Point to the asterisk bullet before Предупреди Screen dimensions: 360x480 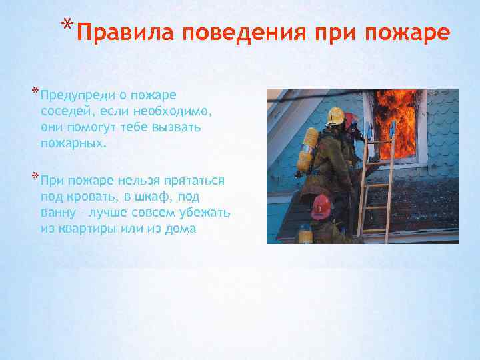tap(34, 92)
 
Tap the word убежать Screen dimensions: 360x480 tap(204, 212)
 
